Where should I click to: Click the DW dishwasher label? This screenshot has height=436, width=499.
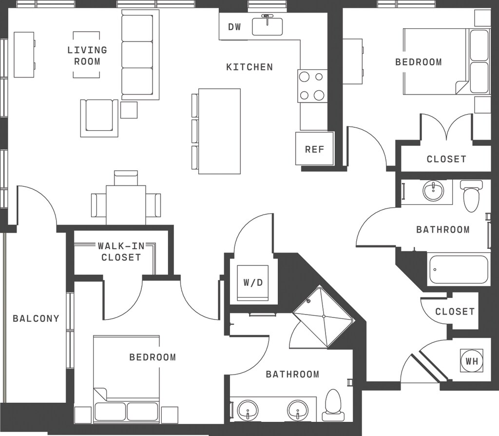coord(234,27)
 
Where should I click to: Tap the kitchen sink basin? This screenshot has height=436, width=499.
coord(268,26)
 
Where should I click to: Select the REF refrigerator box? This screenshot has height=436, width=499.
coord(314,148)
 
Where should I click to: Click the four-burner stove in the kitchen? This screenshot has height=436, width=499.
coord(312,86)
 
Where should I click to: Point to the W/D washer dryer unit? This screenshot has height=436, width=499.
coord(253,282)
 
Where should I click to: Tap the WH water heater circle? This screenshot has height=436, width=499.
coord(472,361)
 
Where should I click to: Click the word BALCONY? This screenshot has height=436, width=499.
coord(36,318)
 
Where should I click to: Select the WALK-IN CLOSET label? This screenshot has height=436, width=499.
coord(121,252)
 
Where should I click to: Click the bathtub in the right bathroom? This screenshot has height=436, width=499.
coord(459,269)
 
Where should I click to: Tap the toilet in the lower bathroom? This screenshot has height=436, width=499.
coord(333,405)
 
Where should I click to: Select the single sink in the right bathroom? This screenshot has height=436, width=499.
coord(433,191)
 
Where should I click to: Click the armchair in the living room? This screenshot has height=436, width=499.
coord(99,118)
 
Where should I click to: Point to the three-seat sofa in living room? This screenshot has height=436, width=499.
coord(140,55)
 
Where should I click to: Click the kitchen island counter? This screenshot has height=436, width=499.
coord(219,131)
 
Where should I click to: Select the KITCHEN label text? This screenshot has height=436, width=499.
coord(249,67)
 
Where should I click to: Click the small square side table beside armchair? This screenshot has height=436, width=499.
coord(129,110)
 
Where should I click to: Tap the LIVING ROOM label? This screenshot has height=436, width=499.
coord(87,56)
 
